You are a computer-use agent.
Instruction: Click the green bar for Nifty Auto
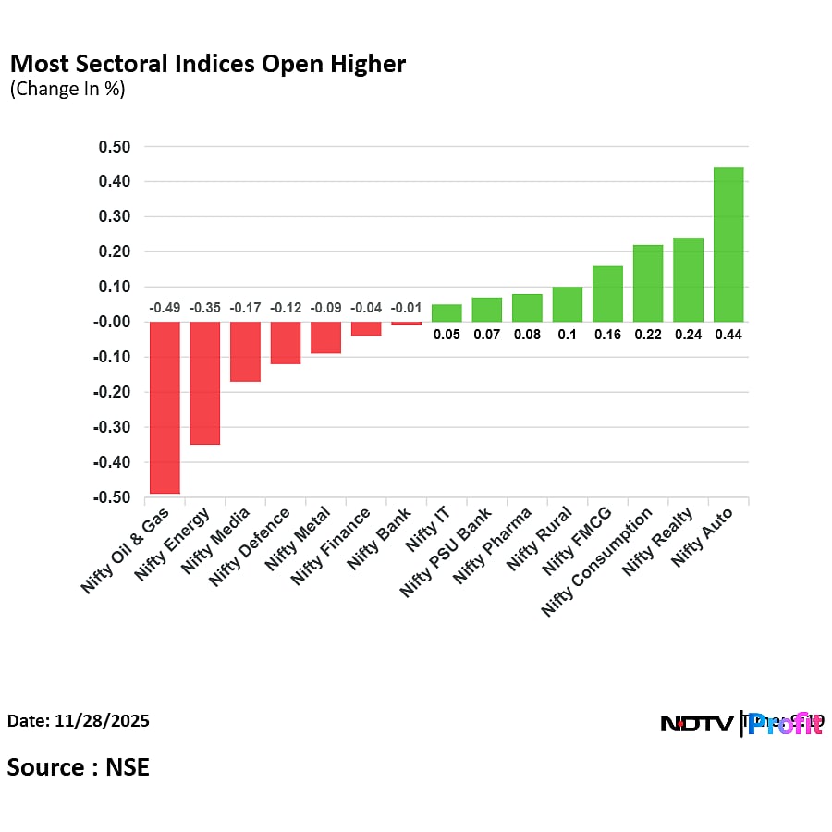coord(728,245)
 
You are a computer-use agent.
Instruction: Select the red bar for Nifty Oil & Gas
coord(165,408)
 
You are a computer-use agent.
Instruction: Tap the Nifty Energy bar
coord(205,383)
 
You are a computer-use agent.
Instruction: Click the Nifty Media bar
coord(245,351)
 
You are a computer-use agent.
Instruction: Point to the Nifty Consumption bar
coord(648,284)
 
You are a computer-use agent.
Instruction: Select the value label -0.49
coord(165,308)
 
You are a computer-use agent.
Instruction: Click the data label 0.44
coord(728,336)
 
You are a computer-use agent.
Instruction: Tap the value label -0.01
coord(406,308)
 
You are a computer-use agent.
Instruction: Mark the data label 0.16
coord(607,336)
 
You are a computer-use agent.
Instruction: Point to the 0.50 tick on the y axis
coord(115,147)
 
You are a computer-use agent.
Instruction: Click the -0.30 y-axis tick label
coord(112,428)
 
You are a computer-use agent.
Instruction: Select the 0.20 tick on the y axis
coord(115,252)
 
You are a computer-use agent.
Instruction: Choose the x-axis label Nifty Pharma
coord(495,545)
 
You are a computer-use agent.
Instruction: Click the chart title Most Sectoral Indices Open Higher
coord(207,64)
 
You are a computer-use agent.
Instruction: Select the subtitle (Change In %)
coord(67,90)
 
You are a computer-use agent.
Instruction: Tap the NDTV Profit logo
coord(741,724)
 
